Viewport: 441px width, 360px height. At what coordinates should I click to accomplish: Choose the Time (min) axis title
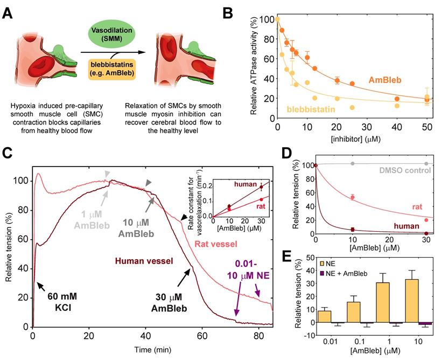coord(152,350)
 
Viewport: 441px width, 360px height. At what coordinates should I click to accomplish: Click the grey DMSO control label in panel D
coord(398,171)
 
